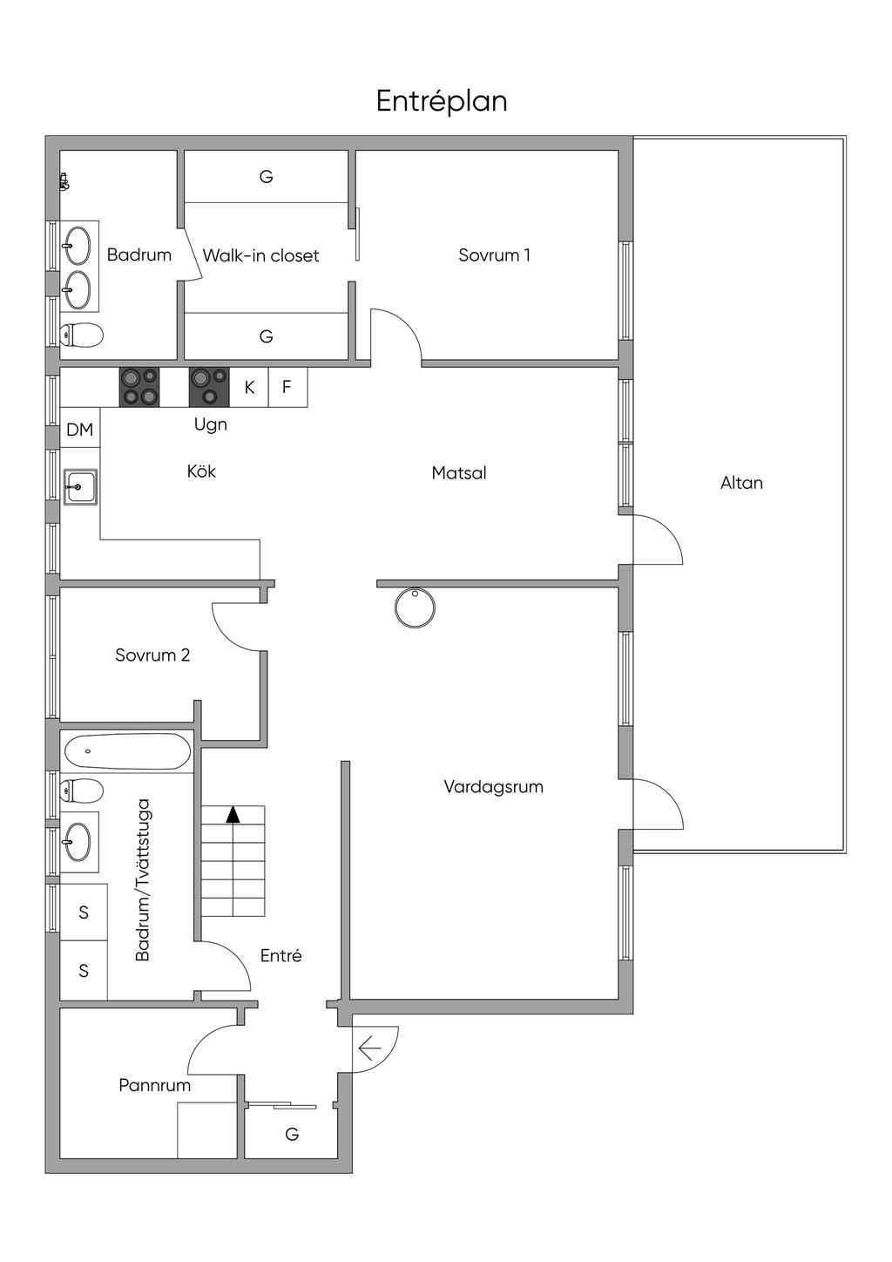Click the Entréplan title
pos(442,102)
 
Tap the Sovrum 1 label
pos(494,255)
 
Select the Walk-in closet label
pos(260,255)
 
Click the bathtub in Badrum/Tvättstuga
pos(127,751)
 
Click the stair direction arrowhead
pos(233,815)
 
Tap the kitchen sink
pos(80,487)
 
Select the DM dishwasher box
pos(80,430)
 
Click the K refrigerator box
pos(249,387)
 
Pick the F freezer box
pos(287,387)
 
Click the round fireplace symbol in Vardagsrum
pos(415,607)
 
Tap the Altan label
pos(741,483)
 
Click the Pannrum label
pos(155,1085)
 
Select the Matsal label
pos(459,472)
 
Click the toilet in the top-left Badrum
pos(82,336)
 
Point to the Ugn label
pos(211,424)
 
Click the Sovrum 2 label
pos(152,655)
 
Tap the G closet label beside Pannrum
pos(292,1134)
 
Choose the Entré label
pos(281,955)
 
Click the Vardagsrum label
pos(493,786)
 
